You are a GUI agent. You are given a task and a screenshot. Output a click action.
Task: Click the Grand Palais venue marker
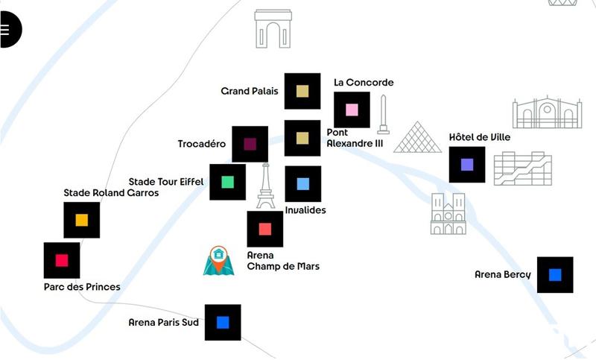(302, 91)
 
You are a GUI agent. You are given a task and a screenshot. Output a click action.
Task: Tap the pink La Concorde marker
(352, 110)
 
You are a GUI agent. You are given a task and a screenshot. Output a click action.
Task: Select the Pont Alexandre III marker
(302, 138)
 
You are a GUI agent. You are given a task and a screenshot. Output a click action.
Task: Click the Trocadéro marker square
(250, 144)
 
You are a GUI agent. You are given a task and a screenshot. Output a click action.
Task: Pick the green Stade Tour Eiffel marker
(227, 182)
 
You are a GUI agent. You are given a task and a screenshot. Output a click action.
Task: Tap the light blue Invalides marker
(302, 183)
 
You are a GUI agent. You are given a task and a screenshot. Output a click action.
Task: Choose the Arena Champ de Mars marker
(264, 229)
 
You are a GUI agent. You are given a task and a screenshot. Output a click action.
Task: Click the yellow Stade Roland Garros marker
(81, 220)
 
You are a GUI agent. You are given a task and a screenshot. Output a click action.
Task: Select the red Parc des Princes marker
(62, 260)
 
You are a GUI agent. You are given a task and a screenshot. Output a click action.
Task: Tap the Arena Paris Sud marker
(222, 322)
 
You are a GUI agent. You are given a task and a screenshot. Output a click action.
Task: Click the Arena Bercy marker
(555, 275)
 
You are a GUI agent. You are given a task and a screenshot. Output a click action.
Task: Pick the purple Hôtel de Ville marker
(467, 165)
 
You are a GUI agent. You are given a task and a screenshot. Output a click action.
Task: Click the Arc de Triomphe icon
(273, 29)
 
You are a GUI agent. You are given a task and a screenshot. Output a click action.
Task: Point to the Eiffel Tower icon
(265, 187)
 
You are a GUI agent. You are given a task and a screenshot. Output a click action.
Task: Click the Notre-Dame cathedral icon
(448, 214)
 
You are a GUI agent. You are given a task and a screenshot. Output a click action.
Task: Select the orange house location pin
(218, 259)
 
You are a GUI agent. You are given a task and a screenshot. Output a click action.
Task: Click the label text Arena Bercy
(502, 275)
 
